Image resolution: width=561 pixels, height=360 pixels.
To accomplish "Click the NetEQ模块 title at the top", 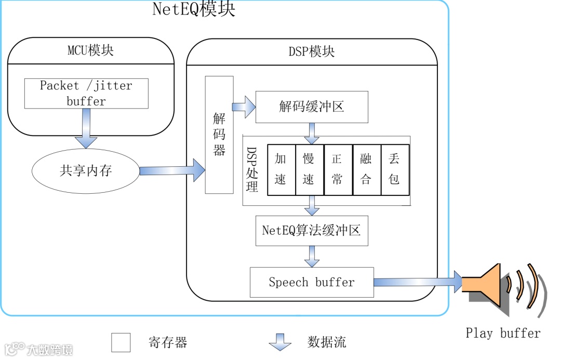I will pyautogui.click(x=193, y=9).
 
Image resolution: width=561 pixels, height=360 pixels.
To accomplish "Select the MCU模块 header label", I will pyautogui.click(x=91, y=50).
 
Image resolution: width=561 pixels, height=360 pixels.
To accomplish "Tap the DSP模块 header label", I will pyautogui.click(x=312, y=51).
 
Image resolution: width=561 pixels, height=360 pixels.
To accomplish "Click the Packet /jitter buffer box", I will pyautogui.click(x=86, y=94).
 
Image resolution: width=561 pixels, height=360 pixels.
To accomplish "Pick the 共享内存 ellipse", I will pyautogui.click(x=86, y=171).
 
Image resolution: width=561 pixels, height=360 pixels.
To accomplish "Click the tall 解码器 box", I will pyautogui.click(x=219, y=135).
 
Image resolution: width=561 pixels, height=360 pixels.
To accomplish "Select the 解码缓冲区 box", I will pyautogui.click(x=312, y=107).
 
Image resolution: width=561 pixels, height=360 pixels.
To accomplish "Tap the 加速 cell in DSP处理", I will pyautogui.click(x=280, y=169).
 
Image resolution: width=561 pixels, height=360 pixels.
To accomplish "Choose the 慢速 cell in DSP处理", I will pyautogui.click(x=309, y=169).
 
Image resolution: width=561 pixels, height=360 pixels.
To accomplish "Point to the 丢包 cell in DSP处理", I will pyautogui.click(x=394, y=169).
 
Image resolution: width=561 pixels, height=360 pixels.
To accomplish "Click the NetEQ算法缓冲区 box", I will pyautogui.click(x=312, y=231).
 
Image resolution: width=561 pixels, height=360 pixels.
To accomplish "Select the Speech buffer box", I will pyautogui.click(x=312, y=282).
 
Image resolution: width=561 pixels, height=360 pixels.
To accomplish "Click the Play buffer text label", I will pyautogui.click(x=503, y=333).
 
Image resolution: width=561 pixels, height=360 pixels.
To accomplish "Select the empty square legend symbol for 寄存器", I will pyautogui.click(x=121, y=342).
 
